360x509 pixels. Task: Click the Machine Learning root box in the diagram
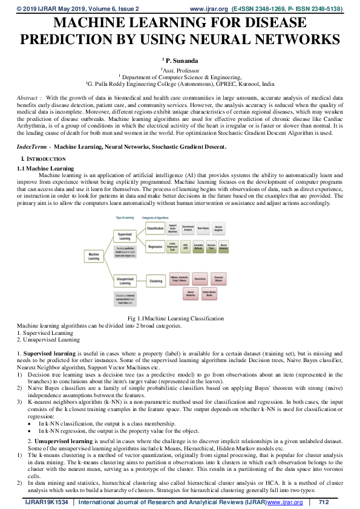(94, 256)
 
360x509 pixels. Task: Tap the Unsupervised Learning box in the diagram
(125, 280)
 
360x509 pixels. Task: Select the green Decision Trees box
(211, 247)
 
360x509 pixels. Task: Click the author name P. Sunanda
(179, 60)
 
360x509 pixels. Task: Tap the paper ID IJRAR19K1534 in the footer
(46, 502)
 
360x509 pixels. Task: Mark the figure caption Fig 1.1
(160, 318)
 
